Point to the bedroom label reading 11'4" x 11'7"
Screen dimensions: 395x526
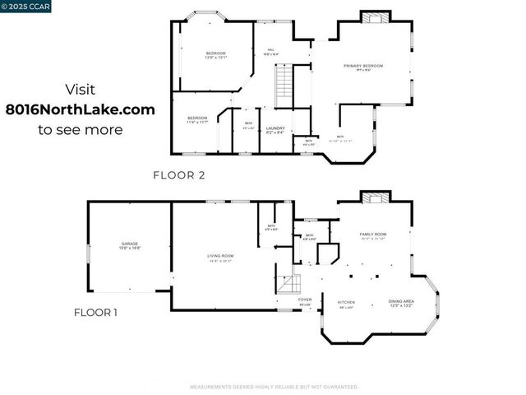tap(197, 120)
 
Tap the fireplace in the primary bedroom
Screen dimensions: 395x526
tap(374, 17)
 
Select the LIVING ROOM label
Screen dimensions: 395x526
tap(220, 258)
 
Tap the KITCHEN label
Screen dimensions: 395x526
tap(346, 304)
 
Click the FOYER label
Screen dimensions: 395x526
tap(305, 301)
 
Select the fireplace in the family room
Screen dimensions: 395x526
tap(374, 197)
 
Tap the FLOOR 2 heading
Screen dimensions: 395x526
tap(178, 174)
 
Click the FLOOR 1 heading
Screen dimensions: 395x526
tap(96, 312)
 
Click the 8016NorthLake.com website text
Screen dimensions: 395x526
tap(81, 109)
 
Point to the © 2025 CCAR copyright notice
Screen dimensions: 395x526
tap(25, 6)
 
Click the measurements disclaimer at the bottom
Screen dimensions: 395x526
tap(274, 386)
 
